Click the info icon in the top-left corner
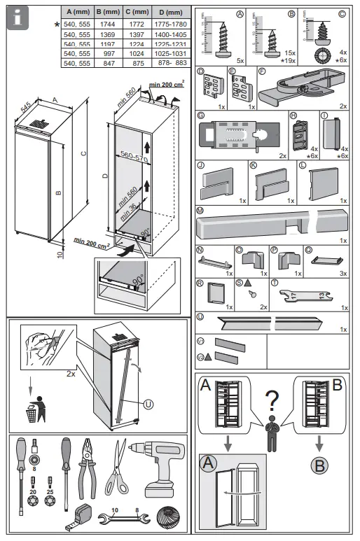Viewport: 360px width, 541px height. pos(17,17)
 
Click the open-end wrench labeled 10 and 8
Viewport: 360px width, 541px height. pos(126,519)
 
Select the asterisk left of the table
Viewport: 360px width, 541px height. pos(57,24)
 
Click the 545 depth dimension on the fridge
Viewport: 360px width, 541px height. pos(27,106)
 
